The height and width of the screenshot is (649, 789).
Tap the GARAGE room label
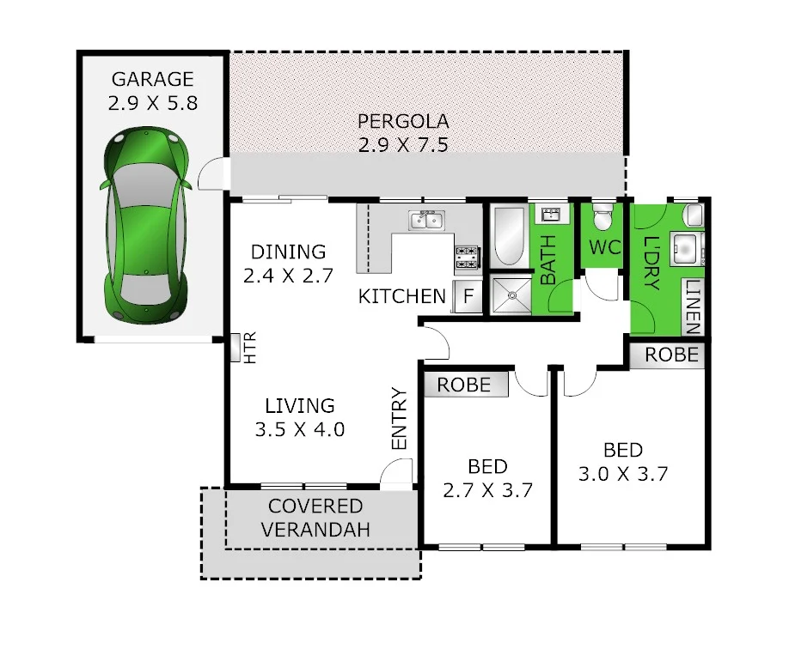[153, 80]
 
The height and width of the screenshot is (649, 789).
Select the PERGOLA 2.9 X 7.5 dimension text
[403, 144]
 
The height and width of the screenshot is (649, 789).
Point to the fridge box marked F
[468, 297]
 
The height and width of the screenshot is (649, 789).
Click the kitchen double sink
[426, 221]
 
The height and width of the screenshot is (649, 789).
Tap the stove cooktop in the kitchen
[467, 255]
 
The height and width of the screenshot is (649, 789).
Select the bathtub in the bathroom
[508, 237]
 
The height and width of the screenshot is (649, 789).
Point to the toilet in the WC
[603, 218]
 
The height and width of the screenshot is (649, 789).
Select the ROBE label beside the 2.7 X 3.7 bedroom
[464, 385]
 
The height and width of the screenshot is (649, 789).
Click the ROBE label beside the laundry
[671, 355]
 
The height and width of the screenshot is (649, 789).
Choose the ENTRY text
[400, 419]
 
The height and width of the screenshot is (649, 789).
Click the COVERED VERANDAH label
[315, 519]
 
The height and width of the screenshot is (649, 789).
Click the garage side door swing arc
[211, 174]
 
